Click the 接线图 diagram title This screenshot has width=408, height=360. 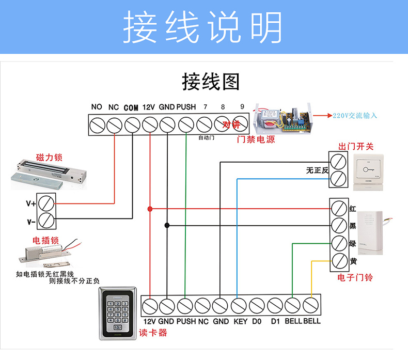tap(211, 82)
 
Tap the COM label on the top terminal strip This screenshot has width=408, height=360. tap(131, 108)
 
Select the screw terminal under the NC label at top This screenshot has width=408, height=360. tap(114, 124)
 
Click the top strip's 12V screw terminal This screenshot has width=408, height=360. tap(150, 124)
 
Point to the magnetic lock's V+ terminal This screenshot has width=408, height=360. tap(48, 203)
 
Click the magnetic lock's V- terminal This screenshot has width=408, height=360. tap(48, 221)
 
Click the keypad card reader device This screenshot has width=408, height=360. tap(119, 313)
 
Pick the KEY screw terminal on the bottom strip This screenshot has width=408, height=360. tap(238, 306)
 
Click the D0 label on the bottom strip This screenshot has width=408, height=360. tap(256, 321)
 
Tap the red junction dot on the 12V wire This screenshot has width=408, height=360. tap(150, 209)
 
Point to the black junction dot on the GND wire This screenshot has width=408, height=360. tap(167, 225)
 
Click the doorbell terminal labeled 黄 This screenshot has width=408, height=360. tap(338, 261)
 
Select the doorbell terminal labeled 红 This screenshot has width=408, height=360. tap(338, 208)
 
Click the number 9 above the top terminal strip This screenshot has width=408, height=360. tap(242, 107)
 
